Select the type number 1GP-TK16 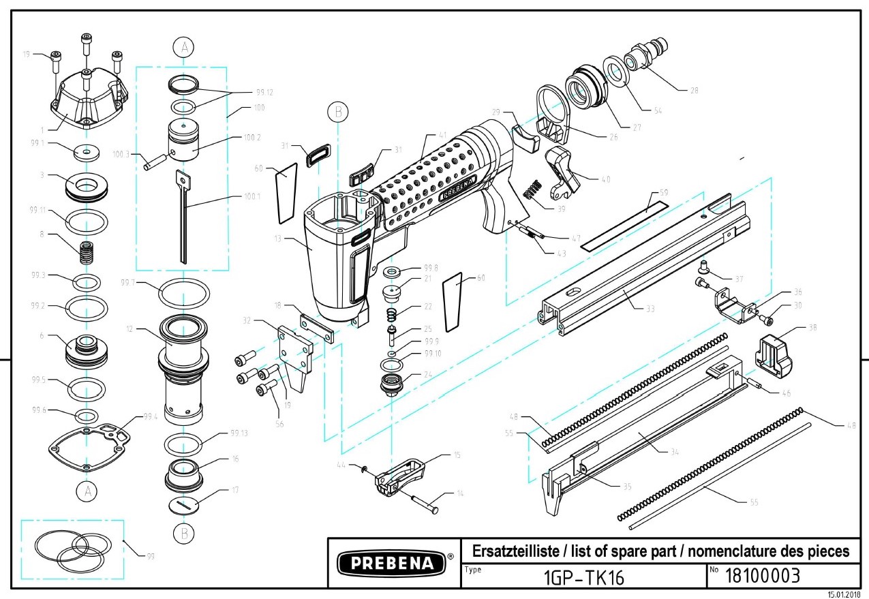pos(583,578)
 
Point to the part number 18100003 pos(761,577)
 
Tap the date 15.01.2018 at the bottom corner pos(844,595)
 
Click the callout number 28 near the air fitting pos(694,89)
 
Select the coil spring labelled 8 pos(86,253)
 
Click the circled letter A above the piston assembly pos(183,47)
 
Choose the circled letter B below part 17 pos(183,532)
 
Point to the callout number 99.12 pos(264,92)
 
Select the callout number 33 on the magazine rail pos(650,308)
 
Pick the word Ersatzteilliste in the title pos(507,551)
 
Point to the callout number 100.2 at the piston pos(252,137)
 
